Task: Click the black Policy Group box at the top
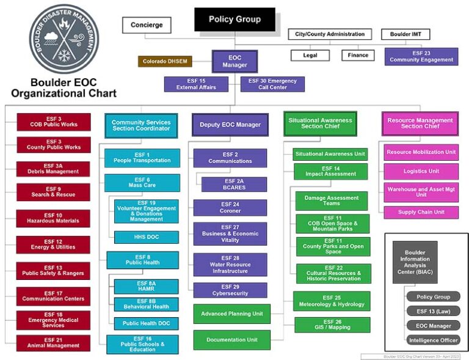pos(234,19)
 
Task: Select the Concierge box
pos(147,25)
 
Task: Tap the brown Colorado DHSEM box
pos(165,61)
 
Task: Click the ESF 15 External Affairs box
pos(196,84)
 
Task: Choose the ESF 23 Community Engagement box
pos(421,56)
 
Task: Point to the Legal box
pos(310,55)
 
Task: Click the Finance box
pos(358,55)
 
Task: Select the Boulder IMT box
pos(405,34)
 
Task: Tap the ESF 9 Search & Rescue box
pos(54,192)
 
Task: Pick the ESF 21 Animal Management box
pos(54,343)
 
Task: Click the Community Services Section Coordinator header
pos(141,125)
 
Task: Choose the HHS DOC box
pos(147,237)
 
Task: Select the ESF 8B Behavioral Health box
pos(147,304)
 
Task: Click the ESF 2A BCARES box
pos(234,185)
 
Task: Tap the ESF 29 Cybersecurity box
pos(230,290)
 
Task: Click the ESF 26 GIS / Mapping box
pos(333,324)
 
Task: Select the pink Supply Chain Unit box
pos(421,212)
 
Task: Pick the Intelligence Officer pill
pos(433,340)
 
